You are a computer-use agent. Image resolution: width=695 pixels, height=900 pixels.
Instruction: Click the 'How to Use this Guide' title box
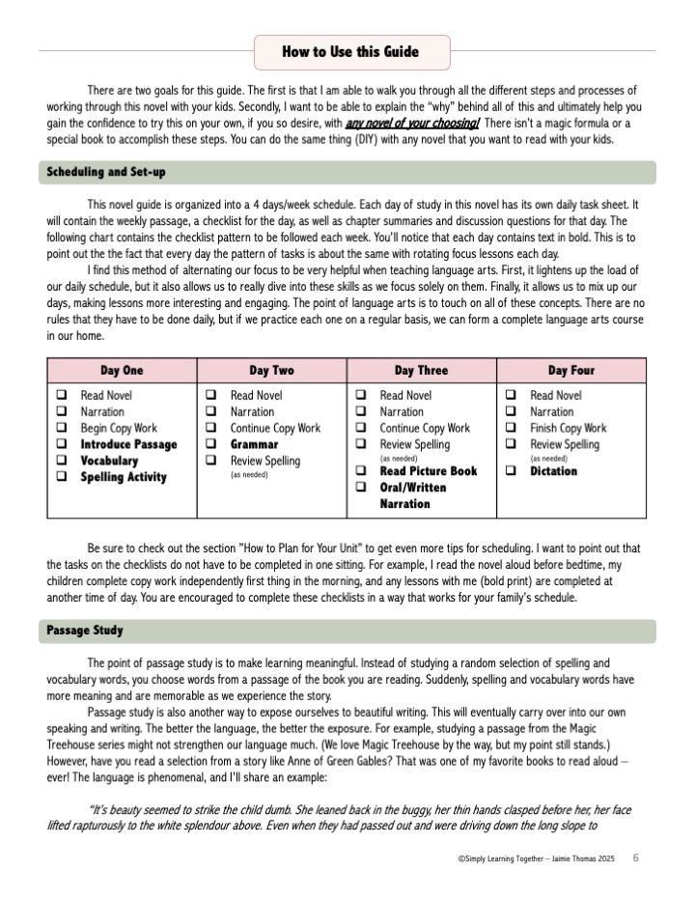350,52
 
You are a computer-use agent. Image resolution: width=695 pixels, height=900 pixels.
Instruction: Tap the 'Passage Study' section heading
86,631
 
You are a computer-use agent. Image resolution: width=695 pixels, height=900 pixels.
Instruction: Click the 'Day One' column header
122,371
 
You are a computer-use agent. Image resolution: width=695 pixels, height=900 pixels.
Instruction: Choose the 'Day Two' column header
271,371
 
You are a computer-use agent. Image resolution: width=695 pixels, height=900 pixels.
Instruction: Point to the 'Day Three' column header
421,371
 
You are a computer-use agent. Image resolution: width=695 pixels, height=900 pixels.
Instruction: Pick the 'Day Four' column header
571,371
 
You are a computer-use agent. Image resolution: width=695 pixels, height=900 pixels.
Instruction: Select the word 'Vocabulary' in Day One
109,461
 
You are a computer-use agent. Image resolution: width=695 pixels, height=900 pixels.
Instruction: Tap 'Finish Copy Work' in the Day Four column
569,428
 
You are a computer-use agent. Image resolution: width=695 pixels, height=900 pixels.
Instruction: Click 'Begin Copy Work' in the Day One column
119,428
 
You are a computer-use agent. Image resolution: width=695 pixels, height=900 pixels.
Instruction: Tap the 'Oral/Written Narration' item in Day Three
413,495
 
